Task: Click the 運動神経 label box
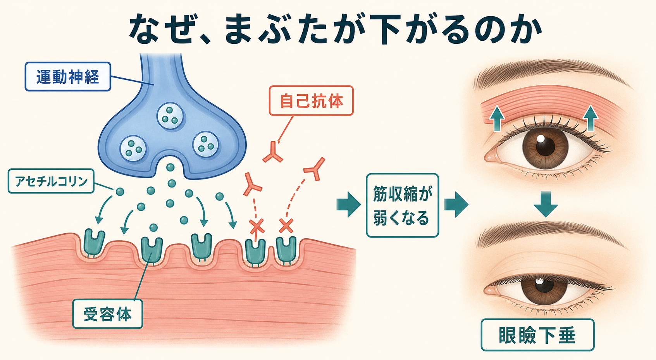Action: tap(68, 76)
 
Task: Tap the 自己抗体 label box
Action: tap(311, 100)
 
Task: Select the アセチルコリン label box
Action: tap(51, 181)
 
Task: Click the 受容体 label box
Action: tap(107, 314)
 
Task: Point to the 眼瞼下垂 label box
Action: tap(537, 335)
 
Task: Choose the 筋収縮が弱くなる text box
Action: tap(402, 205)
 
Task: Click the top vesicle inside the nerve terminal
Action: tap(170, 116)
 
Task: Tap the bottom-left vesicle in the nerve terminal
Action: tap(133, 148)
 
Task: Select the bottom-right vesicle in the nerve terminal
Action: tap(206, 144)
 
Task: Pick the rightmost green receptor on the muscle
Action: tap(286, 250)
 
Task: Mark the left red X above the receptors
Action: tap(257, 226)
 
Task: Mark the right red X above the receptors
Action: tap(286, 226)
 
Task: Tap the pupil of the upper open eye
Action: tap(545, 146)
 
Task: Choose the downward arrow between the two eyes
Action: tap(545, 204)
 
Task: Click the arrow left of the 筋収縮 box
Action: tap(348, 205)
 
